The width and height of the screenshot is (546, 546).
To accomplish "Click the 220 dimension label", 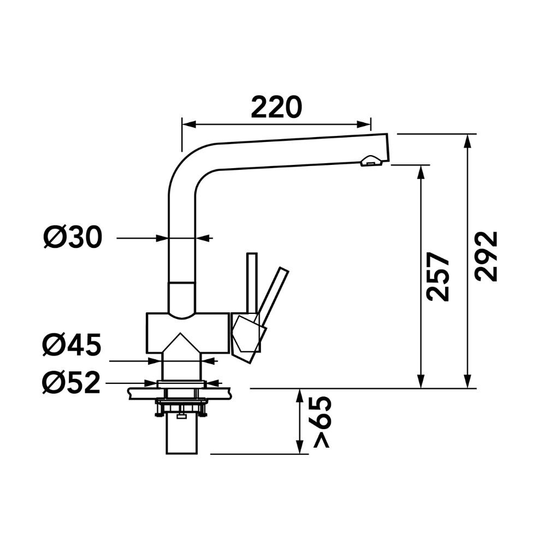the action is click(276, 107).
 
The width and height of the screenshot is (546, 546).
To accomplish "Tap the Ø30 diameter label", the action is click(73, 237).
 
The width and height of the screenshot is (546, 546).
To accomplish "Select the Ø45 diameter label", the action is click(72, 345).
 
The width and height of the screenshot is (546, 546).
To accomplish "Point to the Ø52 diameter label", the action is click(71, 383).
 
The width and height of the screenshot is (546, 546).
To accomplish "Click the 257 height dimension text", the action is click(438, 276).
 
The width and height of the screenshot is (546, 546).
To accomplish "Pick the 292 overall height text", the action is click(486, 256).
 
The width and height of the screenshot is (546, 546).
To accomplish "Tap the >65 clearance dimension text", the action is click(321, 422).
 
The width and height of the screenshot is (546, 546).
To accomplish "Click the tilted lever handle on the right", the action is click(274, 296).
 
